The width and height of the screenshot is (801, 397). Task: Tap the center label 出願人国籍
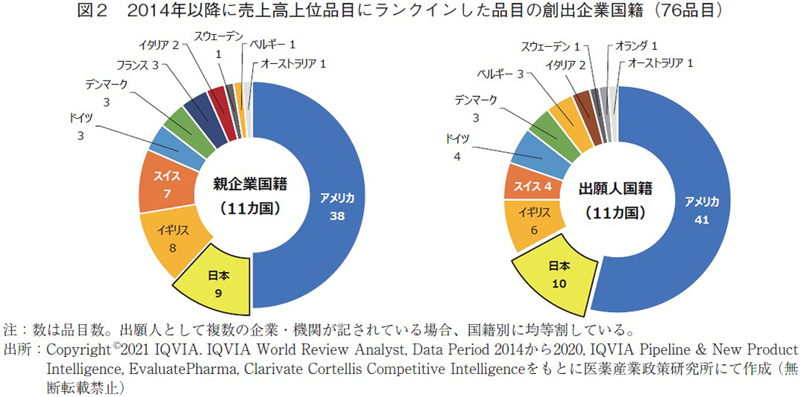click(615, 188)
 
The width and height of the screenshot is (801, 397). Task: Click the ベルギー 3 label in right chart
click(500, 73)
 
